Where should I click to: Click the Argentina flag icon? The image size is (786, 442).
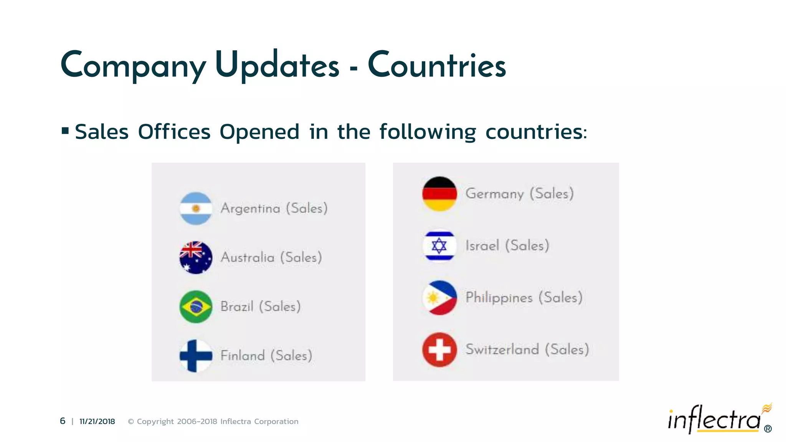coord(196,208)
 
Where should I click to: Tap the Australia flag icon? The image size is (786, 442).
coord(196,257)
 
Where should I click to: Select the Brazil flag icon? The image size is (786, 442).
coord(196,307)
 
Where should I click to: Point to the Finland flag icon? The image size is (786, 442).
coord(196,356)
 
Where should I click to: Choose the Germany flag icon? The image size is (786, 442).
coord(439,194)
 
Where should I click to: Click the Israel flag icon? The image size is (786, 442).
coord(439,246)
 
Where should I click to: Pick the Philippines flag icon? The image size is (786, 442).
coord(439,298)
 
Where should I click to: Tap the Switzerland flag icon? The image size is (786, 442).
coord(439,350)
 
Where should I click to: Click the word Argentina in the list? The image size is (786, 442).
coord(250,209)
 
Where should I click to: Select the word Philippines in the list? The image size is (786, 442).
coord(499,298)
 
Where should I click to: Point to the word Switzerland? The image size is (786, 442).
coord(502,350)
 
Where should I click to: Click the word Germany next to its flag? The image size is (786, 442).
coord(494,194)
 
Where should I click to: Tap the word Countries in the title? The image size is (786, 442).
coord(437,66)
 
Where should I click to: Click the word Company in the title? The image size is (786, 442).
coord(133,66)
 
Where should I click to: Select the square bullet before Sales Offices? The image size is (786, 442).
coord(65,131)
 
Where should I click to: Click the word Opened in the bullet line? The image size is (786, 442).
coord(259,132)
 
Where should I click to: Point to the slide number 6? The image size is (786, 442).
coord(63,421)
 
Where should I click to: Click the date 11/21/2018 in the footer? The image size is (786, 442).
coord(97,421)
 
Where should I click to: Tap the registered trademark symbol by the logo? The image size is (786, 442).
coord(768,429)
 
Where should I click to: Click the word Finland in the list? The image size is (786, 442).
coord(243,356)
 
